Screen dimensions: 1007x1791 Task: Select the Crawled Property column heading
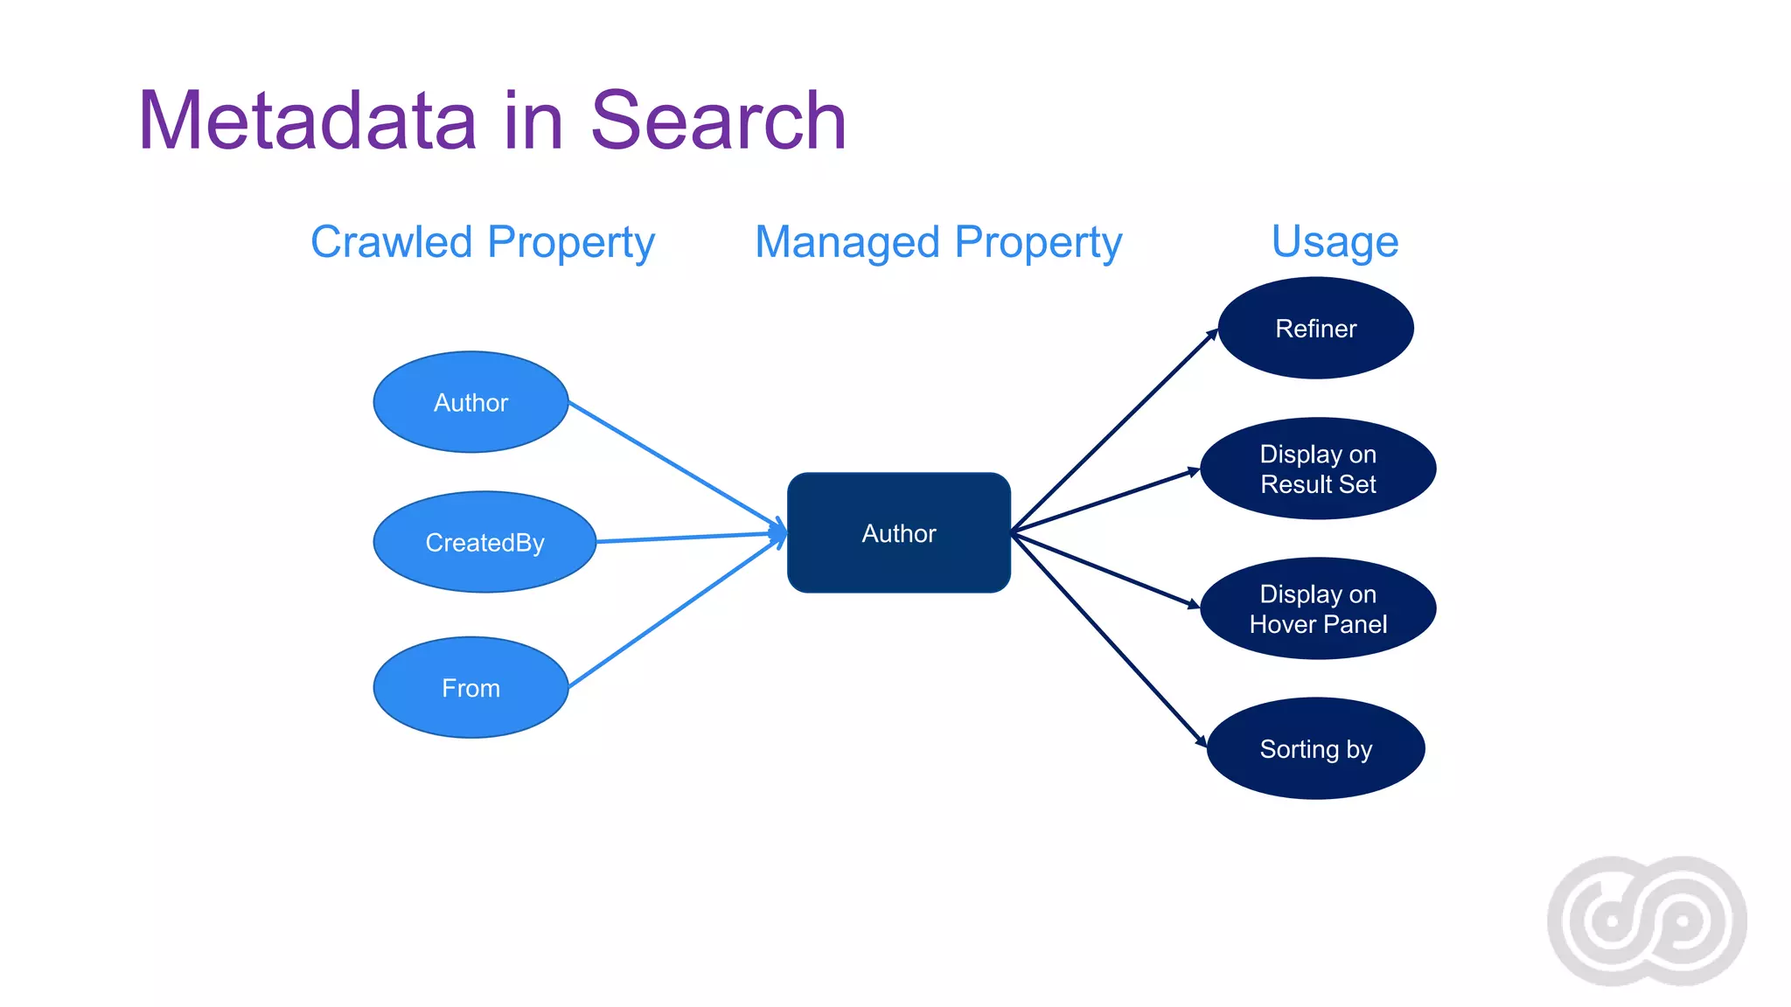[483, 242]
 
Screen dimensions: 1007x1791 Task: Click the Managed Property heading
[938, 242]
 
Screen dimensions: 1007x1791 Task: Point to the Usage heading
[1335, 242]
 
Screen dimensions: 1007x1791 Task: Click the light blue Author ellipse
[470, 402]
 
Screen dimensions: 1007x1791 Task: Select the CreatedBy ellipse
[484, 542]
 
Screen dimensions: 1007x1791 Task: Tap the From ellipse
[470, 688]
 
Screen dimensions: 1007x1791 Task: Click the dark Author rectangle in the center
[899, 533]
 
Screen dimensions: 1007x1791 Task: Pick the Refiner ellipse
[1315, 329]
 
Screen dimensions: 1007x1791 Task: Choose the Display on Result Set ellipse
[1318, 469]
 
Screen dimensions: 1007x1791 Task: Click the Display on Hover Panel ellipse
[1318, 608]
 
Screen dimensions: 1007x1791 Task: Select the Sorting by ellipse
[1315, 749]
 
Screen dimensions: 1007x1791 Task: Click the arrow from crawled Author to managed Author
[673, 464]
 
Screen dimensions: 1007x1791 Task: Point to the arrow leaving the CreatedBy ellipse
[686, 537]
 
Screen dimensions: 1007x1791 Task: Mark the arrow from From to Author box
[673, 615]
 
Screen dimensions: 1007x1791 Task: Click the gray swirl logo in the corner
[1647, 920]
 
